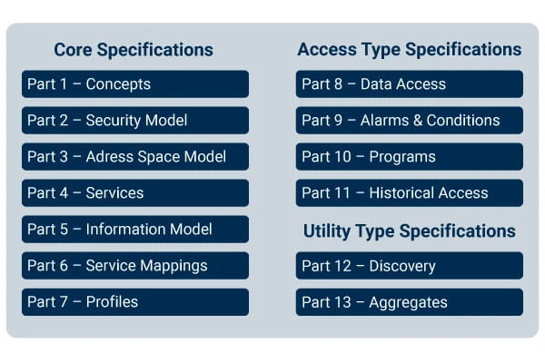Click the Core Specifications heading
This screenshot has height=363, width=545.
(x=134, y=50)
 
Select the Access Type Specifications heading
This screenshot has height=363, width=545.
(x=410, y=50)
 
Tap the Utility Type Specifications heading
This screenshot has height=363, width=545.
(x=410, y=231)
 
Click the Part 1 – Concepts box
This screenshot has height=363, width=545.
(x=135, y=84)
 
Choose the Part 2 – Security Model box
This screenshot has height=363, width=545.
(x=135, y=120)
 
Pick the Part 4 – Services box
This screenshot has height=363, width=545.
(x=135, y=192)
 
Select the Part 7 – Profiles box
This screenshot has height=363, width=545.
(x=135, y=302)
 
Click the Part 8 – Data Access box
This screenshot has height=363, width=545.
(x=410, y=84)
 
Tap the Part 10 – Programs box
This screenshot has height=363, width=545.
(x=410, y=157)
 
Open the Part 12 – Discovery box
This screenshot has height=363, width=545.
(x=410, y=266)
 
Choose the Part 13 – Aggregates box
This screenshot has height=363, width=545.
(x=410, y=302)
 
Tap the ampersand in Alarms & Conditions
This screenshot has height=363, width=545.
(x=418, y=121)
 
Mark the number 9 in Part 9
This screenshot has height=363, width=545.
(x=338, y=121)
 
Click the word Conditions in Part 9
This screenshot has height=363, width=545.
(x=463, y=121)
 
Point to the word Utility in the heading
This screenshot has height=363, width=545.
(x=327, y=231)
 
